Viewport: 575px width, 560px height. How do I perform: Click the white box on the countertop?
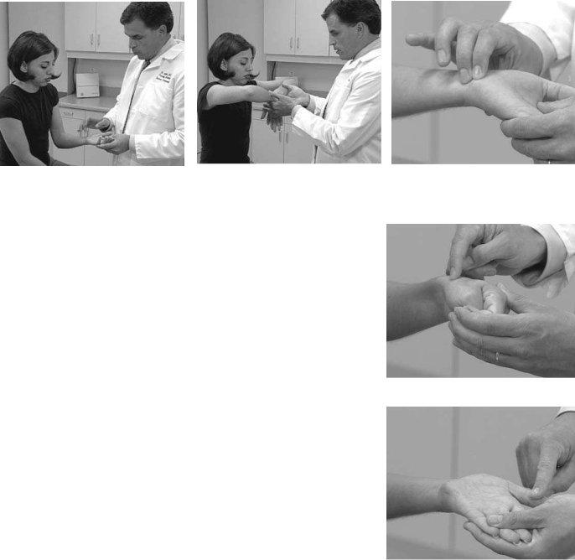[x=87, y=84]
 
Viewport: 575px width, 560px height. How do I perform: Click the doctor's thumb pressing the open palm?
[x=536, y=486]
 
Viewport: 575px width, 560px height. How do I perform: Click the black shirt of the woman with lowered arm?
[x=27, y=126]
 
